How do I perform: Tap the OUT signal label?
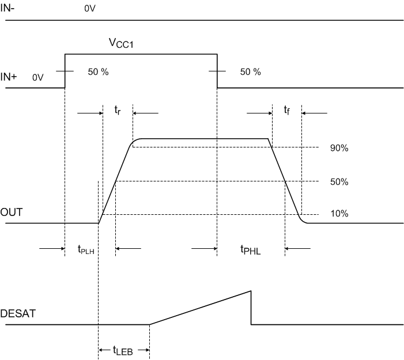(x=12, y=213)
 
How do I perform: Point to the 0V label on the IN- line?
(x=89, y=10)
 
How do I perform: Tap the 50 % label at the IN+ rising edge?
(x=97, y=73)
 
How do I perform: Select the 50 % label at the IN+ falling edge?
(x=250, y=73)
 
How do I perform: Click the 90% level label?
(x=339, y=148)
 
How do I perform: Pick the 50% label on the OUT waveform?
(x=339, y=182)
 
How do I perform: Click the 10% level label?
(x=339, y=214)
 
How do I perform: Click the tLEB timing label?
(x=123, y=350)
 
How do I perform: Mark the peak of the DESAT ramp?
(x=251, y=291)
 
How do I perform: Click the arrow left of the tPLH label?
(x=52, y=249)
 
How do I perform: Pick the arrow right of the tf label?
(x=314, y=113)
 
